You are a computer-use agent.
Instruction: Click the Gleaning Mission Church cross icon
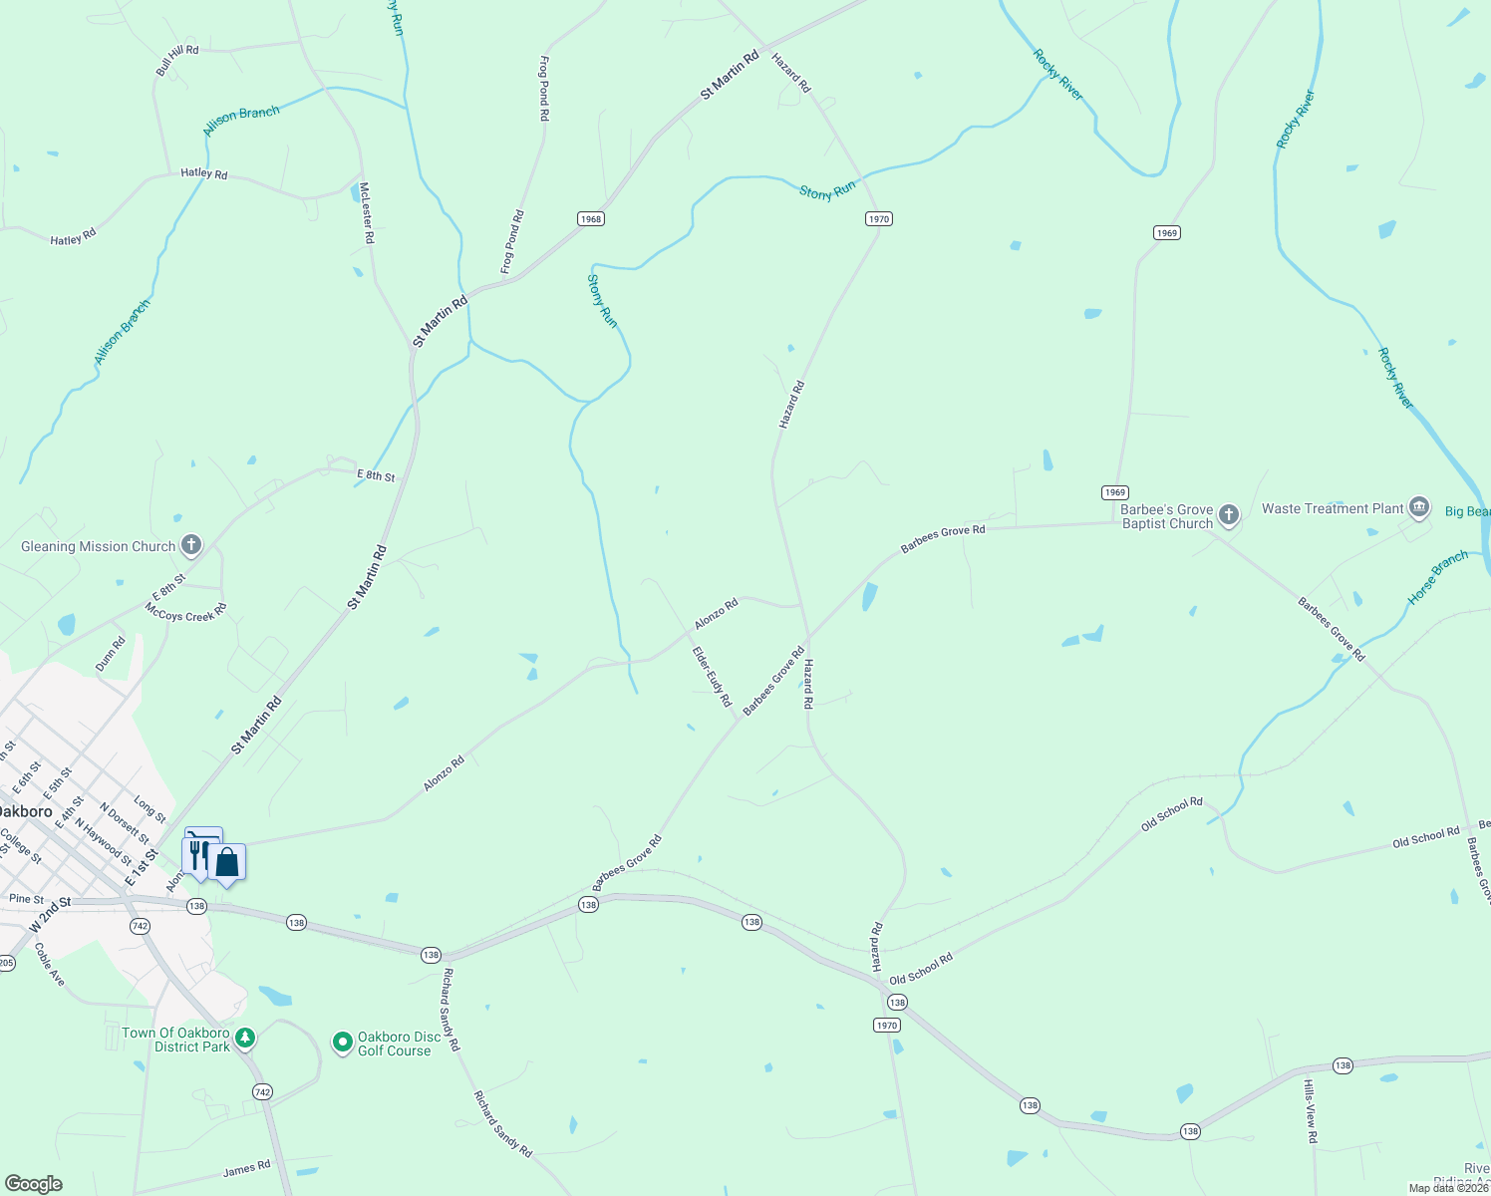click(191, 545)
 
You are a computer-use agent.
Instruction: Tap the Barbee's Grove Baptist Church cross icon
click(1229, 515)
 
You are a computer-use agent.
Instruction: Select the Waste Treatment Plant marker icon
click(1418, 507)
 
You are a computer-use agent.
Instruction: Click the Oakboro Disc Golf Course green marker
click(343, 1043)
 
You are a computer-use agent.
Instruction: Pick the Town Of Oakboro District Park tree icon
click(244, 1039)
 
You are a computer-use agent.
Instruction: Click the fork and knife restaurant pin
click(196, 855)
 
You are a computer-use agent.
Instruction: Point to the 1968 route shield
click(591, 218)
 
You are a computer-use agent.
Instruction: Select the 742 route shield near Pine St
click(140, 926)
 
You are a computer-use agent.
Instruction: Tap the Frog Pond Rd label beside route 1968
click(512, 242)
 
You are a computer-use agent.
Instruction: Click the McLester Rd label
click(366, 212)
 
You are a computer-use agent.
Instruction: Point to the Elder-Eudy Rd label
click(713, 677)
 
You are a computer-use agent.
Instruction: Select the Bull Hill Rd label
click(177, 61)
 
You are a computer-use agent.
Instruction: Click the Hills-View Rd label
click(1311, 1110)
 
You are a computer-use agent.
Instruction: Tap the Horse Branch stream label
click(1437, 577)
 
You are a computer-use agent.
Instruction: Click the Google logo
click(34, 1183)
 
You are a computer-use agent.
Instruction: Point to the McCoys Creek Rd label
click(186, 612)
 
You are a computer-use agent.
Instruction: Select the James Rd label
click(246, 1168)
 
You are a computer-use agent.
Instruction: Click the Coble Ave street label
click(50, 965)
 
